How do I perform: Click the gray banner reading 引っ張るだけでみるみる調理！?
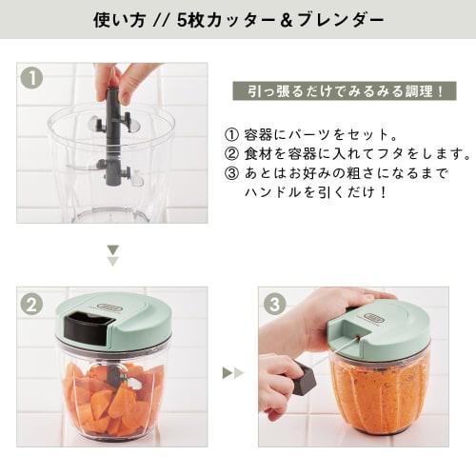[x=345, y=92]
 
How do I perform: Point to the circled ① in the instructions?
[x=231, y=134]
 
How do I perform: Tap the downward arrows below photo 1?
[x=112, y=255]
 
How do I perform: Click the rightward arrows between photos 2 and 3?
[x=232, y=372]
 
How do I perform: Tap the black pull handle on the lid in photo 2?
[x=85, y=327]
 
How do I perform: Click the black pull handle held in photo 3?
[x=304, y=380]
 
